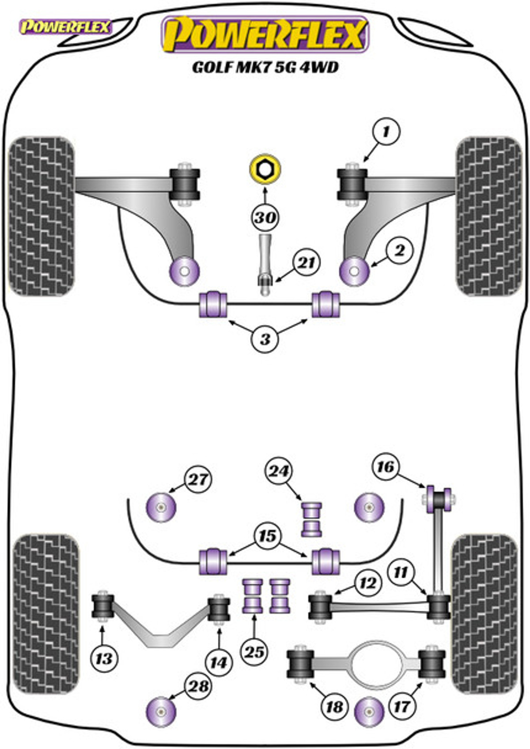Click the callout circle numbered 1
pyautogui.click(x=386, y=132)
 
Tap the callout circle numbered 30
pyautogui.click(x=265, y=217)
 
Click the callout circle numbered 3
pyautogui.click(x=265, y=339)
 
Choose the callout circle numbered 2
pyautogui.click(x=399, y=251)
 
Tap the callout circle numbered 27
pyautogui.click(x=197, y=479)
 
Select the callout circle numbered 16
pyautogui.click(x=385, y=467)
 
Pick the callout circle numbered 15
pyautogui.click(x=267, y=536)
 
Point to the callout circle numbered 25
pyautogui.click(x=254, y=651)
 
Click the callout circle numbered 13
pyautogui.click(x=104, y=659)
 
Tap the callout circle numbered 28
pyautogui.click(x=198, y=686)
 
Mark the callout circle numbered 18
pyautogui.click(x=334, y=707)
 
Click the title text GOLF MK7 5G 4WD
pyautogui.click(x=265, y=67)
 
